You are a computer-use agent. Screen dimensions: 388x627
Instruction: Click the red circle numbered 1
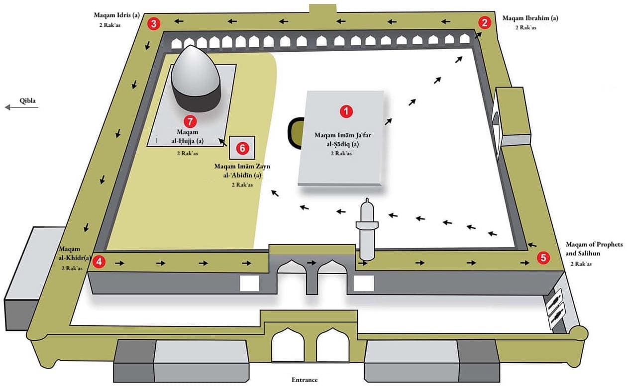tap(346, 112)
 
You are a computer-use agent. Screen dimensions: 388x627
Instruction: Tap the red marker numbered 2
tap(485, 22)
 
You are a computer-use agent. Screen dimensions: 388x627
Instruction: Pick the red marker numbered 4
tap(101, 262)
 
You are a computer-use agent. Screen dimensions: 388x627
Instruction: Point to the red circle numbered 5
tap(543, 257)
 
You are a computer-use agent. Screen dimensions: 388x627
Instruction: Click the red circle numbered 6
tap(242, 148)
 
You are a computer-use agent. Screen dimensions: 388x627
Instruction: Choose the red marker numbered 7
tap(189, 121)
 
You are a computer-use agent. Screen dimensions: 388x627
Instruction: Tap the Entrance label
tap(304, 380)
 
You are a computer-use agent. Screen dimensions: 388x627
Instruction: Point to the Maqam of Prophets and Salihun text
tap(590, 249)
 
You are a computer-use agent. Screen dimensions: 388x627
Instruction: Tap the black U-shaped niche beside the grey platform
tap(294, 132)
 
